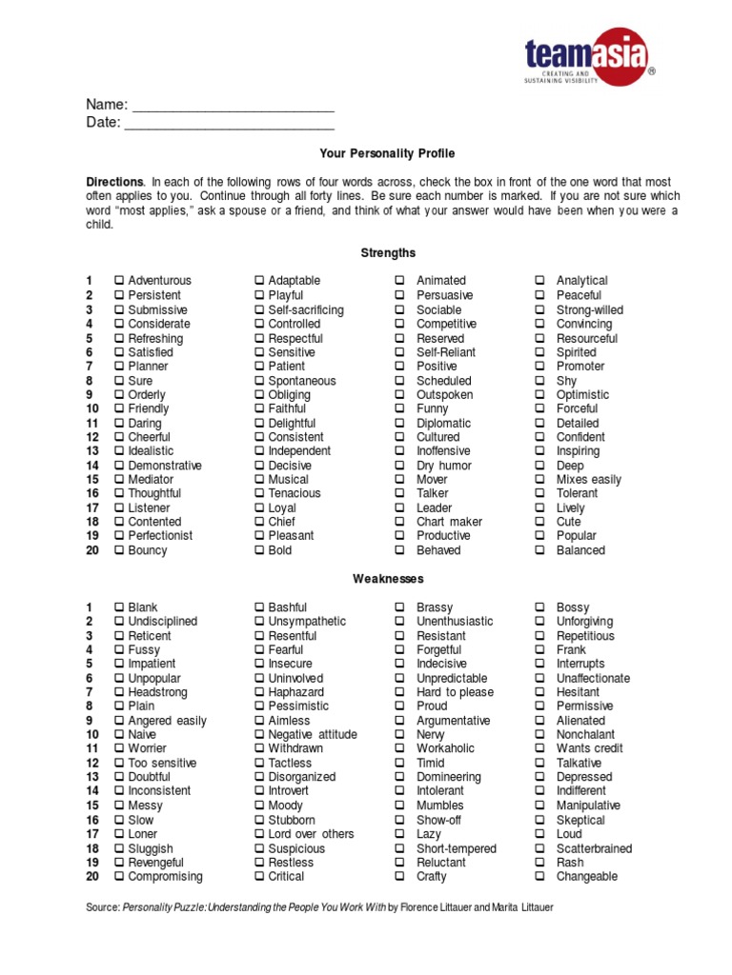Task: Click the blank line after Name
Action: pos(233,105)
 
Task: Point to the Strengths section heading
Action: pos(388,253)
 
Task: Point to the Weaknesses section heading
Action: pos(388,579)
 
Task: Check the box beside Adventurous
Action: pos(119,281)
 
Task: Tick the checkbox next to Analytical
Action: pos(539,281)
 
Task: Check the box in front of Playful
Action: pos(259,295)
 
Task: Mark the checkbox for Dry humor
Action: pos(400,466)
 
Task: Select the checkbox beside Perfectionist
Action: pos(119,536)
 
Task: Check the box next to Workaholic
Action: pos(400,749)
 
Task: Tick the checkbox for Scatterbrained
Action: pos(539,848)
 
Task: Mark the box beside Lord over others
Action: pos(259,834)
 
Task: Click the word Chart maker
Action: pos(449,522)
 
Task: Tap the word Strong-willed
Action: pos(590,309)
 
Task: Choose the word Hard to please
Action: pos(455,692)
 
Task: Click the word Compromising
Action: pos(165,877)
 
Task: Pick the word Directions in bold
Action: pos(114,182)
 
